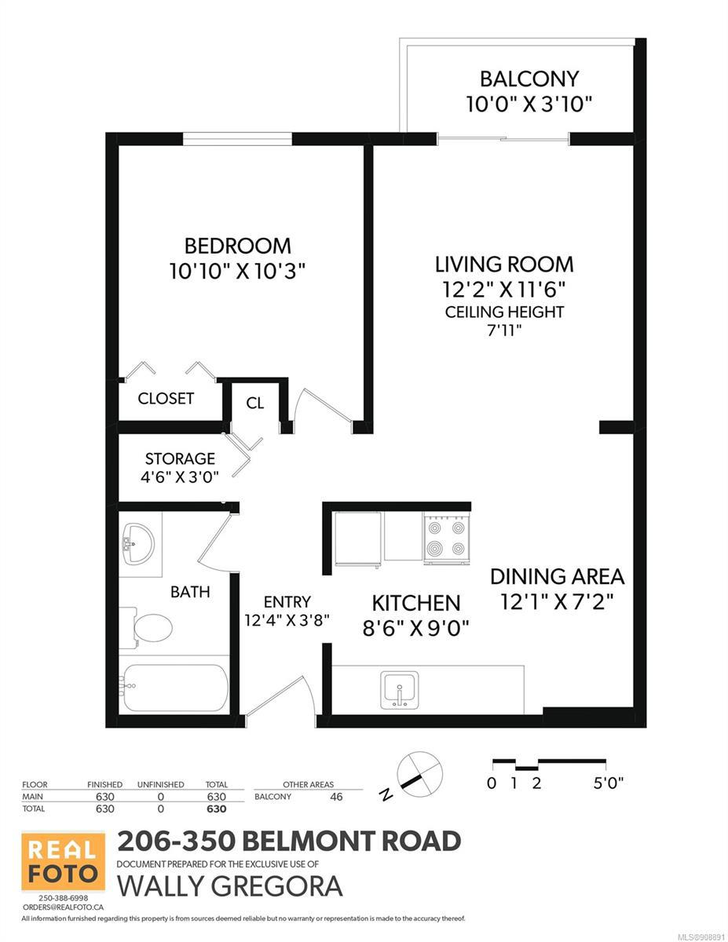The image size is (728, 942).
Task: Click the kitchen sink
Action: point(400,689)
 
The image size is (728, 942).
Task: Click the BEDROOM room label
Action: point(238,246)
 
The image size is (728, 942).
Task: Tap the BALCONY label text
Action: point(529,79)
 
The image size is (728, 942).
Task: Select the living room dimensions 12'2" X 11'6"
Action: point(504,290)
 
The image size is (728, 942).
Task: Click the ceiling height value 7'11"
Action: point(504,330)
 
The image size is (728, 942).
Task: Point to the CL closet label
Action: point(255,403)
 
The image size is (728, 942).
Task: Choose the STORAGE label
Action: point(180,458)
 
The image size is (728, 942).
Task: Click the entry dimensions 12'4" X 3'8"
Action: point(287,620)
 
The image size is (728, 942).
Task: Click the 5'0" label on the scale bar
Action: point(609,783)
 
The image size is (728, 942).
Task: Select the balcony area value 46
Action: point(336,796)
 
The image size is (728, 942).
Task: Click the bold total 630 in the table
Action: point(217,809)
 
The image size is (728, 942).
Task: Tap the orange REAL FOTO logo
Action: point(64,861)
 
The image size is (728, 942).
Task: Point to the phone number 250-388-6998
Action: point(64,897)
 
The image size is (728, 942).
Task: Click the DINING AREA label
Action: point(557,576)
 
